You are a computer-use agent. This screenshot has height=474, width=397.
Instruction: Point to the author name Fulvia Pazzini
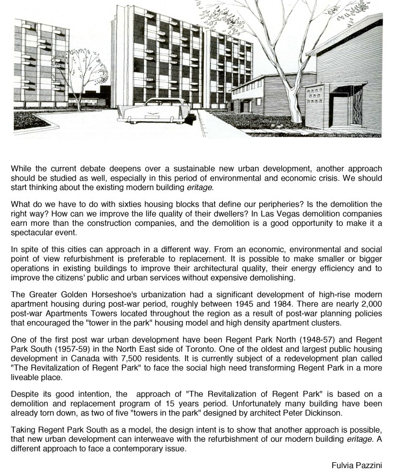[x=356, y=465]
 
